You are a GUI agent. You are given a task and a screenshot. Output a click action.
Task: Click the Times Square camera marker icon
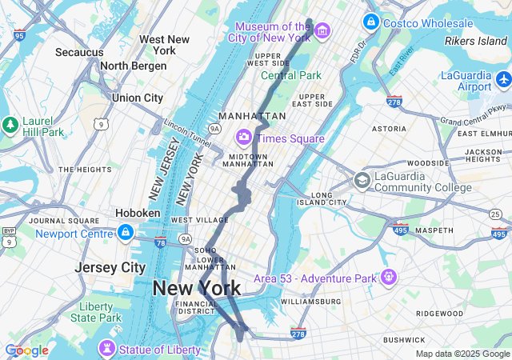coord(242,138)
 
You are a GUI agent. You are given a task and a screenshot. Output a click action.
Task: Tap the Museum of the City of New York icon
coord(322,31)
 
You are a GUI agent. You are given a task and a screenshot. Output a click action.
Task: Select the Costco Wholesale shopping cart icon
coord(370,22)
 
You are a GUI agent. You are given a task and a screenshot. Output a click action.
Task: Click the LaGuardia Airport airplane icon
coord(503,81)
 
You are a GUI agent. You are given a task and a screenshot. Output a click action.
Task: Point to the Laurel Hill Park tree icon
coord(10,125)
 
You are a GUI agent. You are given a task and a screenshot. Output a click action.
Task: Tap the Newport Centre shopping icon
coord(125,233)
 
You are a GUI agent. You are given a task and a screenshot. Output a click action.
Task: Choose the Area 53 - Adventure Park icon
coord(389,278)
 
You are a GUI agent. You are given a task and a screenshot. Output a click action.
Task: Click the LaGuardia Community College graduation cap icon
coord(362,181)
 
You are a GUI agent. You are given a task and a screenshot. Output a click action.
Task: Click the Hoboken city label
coord(138,214)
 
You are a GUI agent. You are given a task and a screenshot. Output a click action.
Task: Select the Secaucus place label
coord(79,52)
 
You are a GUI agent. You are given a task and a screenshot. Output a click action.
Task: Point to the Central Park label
coord(290,76)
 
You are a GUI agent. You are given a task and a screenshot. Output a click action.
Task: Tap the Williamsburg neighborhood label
coord(310,302)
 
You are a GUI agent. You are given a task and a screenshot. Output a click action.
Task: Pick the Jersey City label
coord(110,267)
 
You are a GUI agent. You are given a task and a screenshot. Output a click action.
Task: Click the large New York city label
coord(196,288)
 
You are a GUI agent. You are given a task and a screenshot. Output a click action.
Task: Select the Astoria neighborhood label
coord(389,128)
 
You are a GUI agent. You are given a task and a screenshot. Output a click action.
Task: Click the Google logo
coord(26,350)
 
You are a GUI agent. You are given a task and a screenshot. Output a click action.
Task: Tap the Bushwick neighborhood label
coord(403,340)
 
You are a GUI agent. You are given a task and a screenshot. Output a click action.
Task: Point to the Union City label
coord(138,98)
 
